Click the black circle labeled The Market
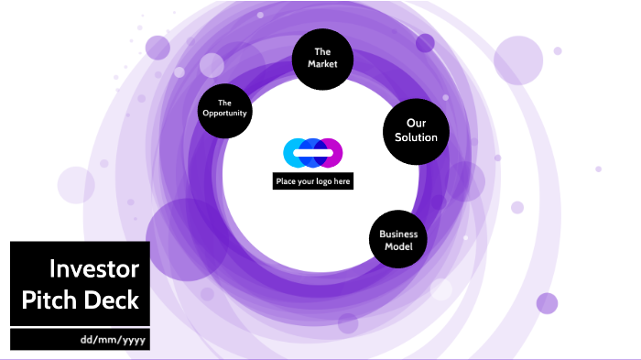click(321, 59)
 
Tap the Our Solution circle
click(416, 130)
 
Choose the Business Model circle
click(398, 240)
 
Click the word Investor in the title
click(94, 269)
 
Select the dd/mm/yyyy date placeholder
click(113, 340)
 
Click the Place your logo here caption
click(313, 181)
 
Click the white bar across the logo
click(313, 152)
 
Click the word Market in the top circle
click(322, 65)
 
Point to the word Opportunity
click(224, 114)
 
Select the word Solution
click(416, 137)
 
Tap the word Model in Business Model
click(398, 247)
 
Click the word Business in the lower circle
click(398, 234)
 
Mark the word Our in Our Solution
click(416, 123)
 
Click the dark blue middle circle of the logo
click(313, 144)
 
